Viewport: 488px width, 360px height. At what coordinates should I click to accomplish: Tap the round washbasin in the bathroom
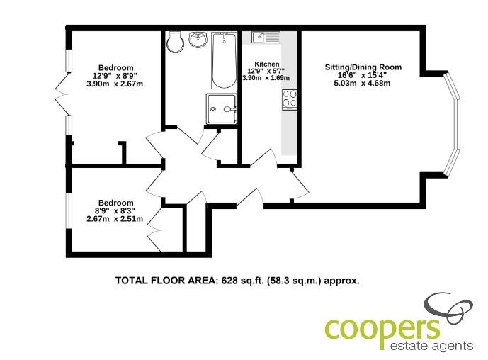tap(198, 40)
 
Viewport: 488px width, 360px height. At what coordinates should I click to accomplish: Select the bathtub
tap(224, 60)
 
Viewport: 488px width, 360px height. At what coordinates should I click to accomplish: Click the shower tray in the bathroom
tap(221, 108)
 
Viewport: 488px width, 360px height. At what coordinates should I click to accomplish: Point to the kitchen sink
tap(266, 37)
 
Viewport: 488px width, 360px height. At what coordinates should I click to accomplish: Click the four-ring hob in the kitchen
tap(290, 99)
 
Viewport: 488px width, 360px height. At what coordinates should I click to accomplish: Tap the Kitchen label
tap(267, 64)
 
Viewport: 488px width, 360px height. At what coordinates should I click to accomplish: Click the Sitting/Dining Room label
tap(363, 67)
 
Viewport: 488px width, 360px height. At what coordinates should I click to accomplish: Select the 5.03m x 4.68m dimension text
tap(362, 83)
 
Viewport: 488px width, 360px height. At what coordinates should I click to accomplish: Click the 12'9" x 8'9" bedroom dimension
tap(115, 76)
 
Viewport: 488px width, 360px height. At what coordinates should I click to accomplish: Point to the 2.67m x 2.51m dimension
tap(115, 219)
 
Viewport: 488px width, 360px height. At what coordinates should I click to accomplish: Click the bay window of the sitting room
tap(453, 124)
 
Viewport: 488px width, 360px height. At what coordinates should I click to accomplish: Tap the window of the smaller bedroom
tap(69, 211)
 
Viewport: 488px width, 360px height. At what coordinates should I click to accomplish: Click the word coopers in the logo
tap(382, 330)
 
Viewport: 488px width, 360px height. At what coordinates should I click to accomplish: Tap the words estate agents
tap(431, 346)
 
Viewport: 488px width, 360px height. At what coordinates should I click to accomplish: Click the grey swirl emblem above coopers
tap(449, 308)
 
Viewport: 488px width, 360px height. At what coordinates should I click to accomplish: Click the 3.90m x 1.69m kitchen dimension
tap(266, 78)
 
